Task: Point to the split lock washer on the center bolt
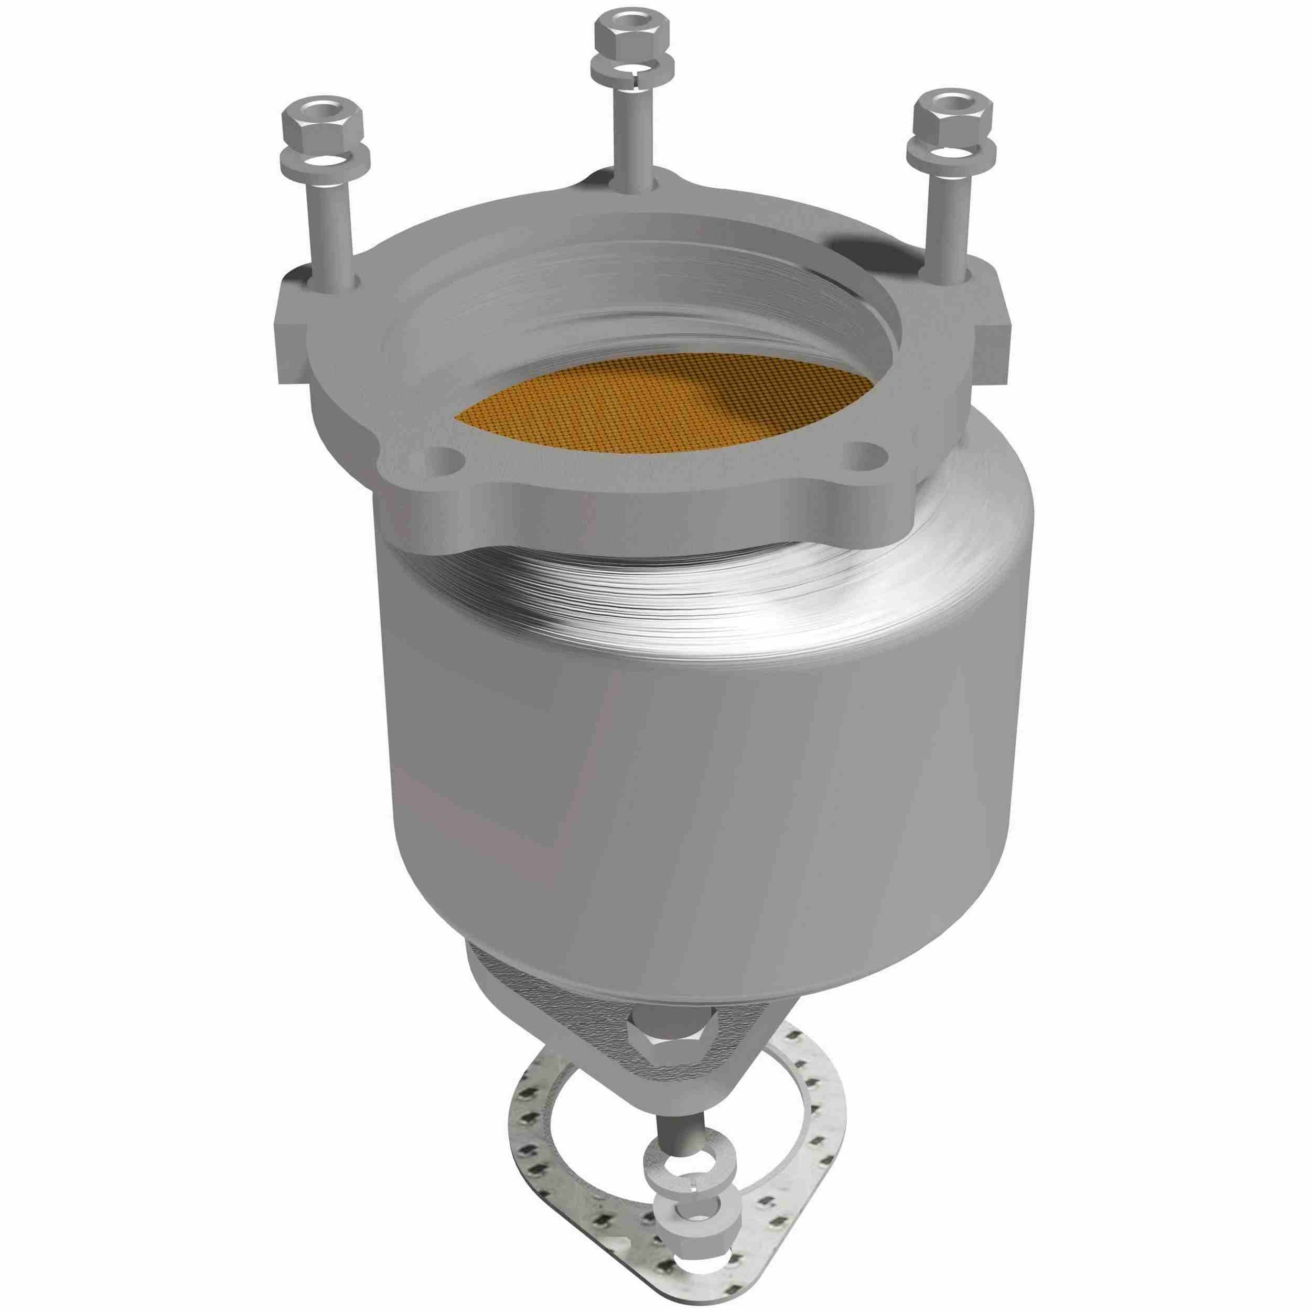(632, 69)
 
